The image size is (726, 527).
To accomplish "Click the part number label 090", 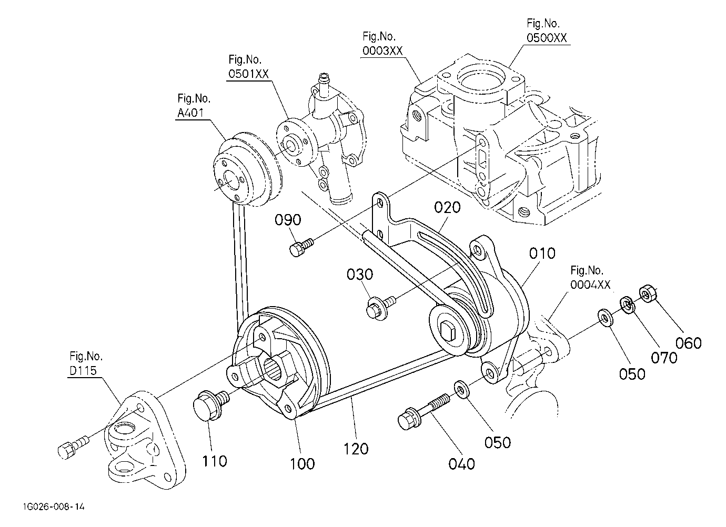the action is (x=288, y=220).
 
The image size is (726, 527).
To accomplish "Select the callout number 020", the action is (x=447, y=207).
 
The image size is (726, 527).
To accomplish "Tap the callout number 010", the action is (x=542, y=253).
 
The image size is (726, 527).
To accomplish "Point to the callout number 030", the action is (x=360, y=275).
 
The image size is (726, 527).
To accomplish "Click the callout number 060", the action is (x=689, y=343).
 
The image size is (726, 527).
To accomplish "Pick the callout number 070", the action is (x=664, y=358).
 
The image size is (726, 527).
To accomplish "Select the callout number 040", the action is (x=461, y=464).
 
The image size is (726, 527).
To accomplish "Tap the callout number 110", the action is (x=215, y=461).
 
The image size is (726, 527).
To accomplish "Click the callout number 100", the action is (x=302, y=464).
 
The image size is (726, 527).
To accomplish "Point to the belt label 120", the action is (x=356, y=449).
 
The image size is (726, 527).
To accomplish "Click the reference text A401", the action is (x=190, y=113).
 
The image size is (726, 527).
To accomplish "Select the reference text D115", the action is (x=83, y=370).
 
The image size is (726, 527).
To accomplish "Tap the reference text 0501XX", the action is (x=249, y=74).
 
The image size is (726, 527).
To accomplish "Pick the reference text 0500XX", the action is (x=547, y=38).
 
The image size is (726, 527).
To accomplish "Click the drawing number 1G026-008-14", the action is (x=54, y=506).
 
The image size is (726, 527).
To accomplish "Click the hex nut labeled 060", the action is (x=648, y=293).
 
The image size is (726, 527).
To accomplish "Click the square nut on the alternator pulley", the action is (x=449, y=331).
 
